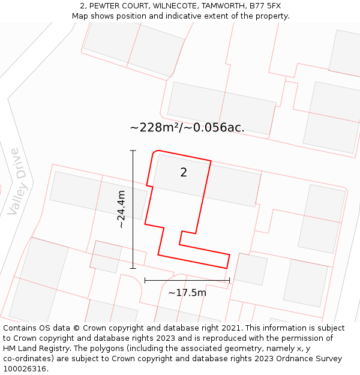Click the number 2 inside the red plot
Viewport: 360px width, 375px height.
pyautogui.click(x=184, y=173)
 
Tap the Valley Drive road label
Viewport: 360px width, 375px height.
pyautogui.click(x=18, y=182)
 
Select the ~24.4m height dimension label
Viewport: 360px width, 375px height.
pyautogui.click(x=121, y=209)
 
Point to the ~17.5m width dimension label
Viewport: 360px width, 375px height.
pyautogui.click(x=187, y=293)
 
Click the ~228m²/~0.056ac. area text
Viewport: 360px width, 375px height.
pyautogui.click(x=187, y=127)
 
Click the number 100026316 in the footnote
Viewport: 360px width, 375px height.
pyautogui.click(x=24, y=368)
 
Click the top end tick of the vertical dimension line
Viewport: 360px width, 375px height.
pyautogui.click(x=133, y=151)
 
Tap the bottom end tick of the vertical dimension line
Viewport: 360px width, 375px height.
pyautogui.click(x=133, y=268)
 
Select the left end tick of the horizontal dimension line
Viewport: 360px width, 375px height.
pyautogui.click(x=145, y=280)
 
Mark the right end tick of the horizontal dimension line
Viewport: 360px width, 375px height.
pyautogui.click(x=230, y=280)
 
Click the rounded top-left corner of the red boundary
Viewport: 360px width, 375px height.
pyautogui.click(x=156, y=152)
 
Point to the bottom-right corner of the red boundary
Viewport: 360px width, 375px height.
pyautogui.click(x=227, y=268)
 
